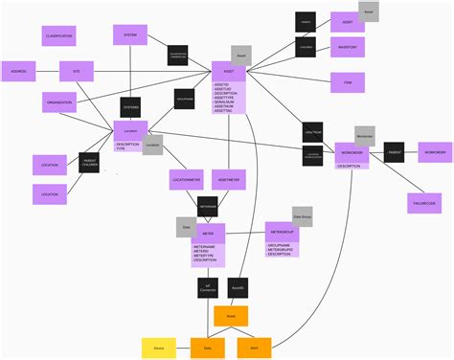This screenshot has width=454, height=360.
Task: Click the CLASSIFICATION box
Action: click(58, 36)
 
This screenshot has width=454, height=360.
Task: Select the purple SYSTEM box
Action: click(129, 36)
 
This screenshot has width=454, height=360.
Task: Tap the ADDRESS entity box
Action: click(18, 72)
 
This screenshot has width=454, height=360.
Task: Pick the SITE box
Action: click(76, 72)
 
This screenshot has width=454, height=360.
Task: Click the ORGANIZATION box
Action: click(58, 102)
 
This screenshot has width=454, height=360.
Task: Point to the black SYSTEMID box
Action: click(131, 107)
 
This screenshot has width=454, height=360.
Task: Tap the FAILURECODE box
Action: click(423, 203)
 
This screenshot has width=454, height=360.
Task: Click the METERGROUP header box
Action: click(282, 232)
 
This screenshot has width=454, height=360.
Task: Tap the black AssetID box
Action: click(238, 287)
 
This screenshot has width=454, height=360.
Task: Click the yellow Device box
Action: click(158, 349)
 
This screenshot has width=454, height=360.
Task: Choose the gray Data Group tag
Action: click(302, 216)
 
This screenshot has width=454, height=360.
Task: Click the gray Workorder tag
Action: click(364, 136)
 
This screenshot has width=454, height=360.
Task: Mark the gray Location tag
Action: click(152, 146)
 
